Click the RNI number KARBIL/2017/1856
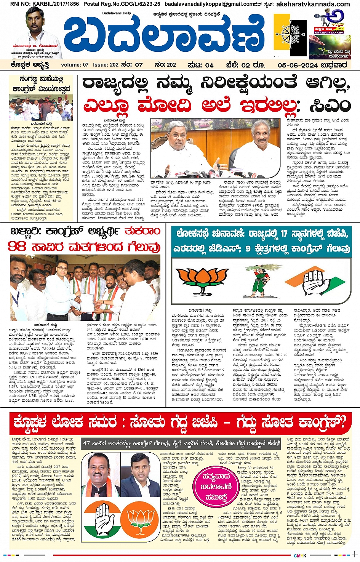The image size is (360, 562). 45,4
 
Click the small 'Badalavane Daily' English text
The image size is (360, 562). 117,13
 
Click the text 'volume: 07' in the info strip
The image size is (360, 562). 75,65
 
